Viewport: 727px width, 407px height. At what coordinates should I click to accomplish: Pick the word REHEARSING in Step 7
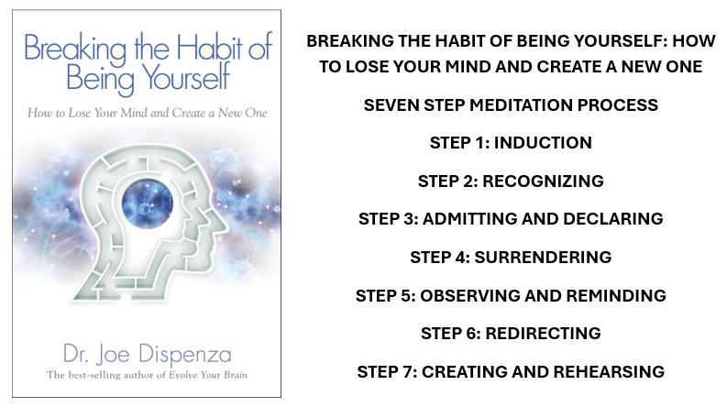point(611,372)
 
